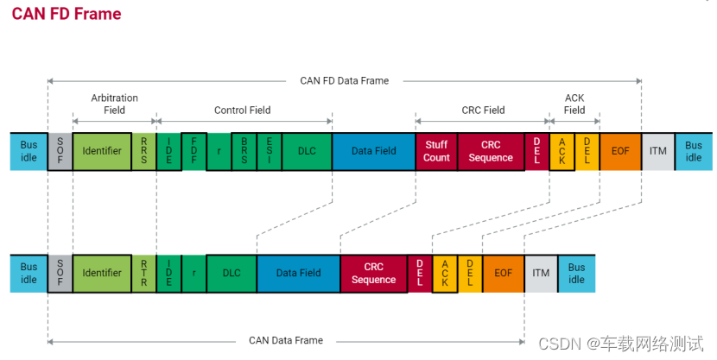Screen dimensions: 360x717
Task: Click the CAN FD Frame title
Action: [x=67, y=15]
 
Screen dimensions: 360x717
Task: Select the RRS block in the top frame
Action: [x=143, y=151]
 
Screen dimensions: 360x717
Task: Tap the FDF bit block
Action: [x=194, y=151]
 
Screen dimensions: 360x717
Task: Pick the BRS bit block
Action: [x=244, y=151]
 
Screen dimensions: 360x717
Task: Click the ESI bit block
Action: [x=270, y=151]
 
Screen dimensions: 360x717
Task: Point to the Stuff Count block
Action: [x=436, y=151]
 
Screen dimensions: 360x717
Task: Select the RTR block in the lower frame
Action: [x=143, y=273]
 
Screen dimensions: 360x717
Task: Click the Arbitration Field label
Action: [x=114, y=104]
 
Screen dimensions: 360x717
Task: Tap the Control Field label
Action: [x=242, y=110]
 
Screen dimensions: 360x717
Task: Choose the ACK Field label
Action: [x=574, y=104]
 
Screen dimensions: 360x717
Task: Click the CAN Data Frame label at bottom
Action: [x=285, y=340]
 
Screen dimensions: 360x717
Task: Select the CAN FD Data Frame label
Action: [x=344, y=80]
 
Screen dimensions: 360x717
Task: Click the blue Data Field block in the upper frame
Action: [x=373, y=151]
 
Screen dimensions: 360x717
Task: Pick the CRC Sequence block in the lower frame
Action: [x=373, y=273]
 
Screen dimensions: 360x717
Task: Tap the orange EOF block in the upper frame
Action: [x=620, y=151]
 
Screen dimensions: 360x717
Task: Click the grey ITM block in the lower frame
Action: [x=541, y=273]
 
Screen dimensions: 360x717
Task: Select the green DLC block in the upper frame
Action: [x=307, y=151]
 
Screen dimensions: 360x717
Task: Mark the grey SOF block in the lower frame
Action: [x=60, y=273]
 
